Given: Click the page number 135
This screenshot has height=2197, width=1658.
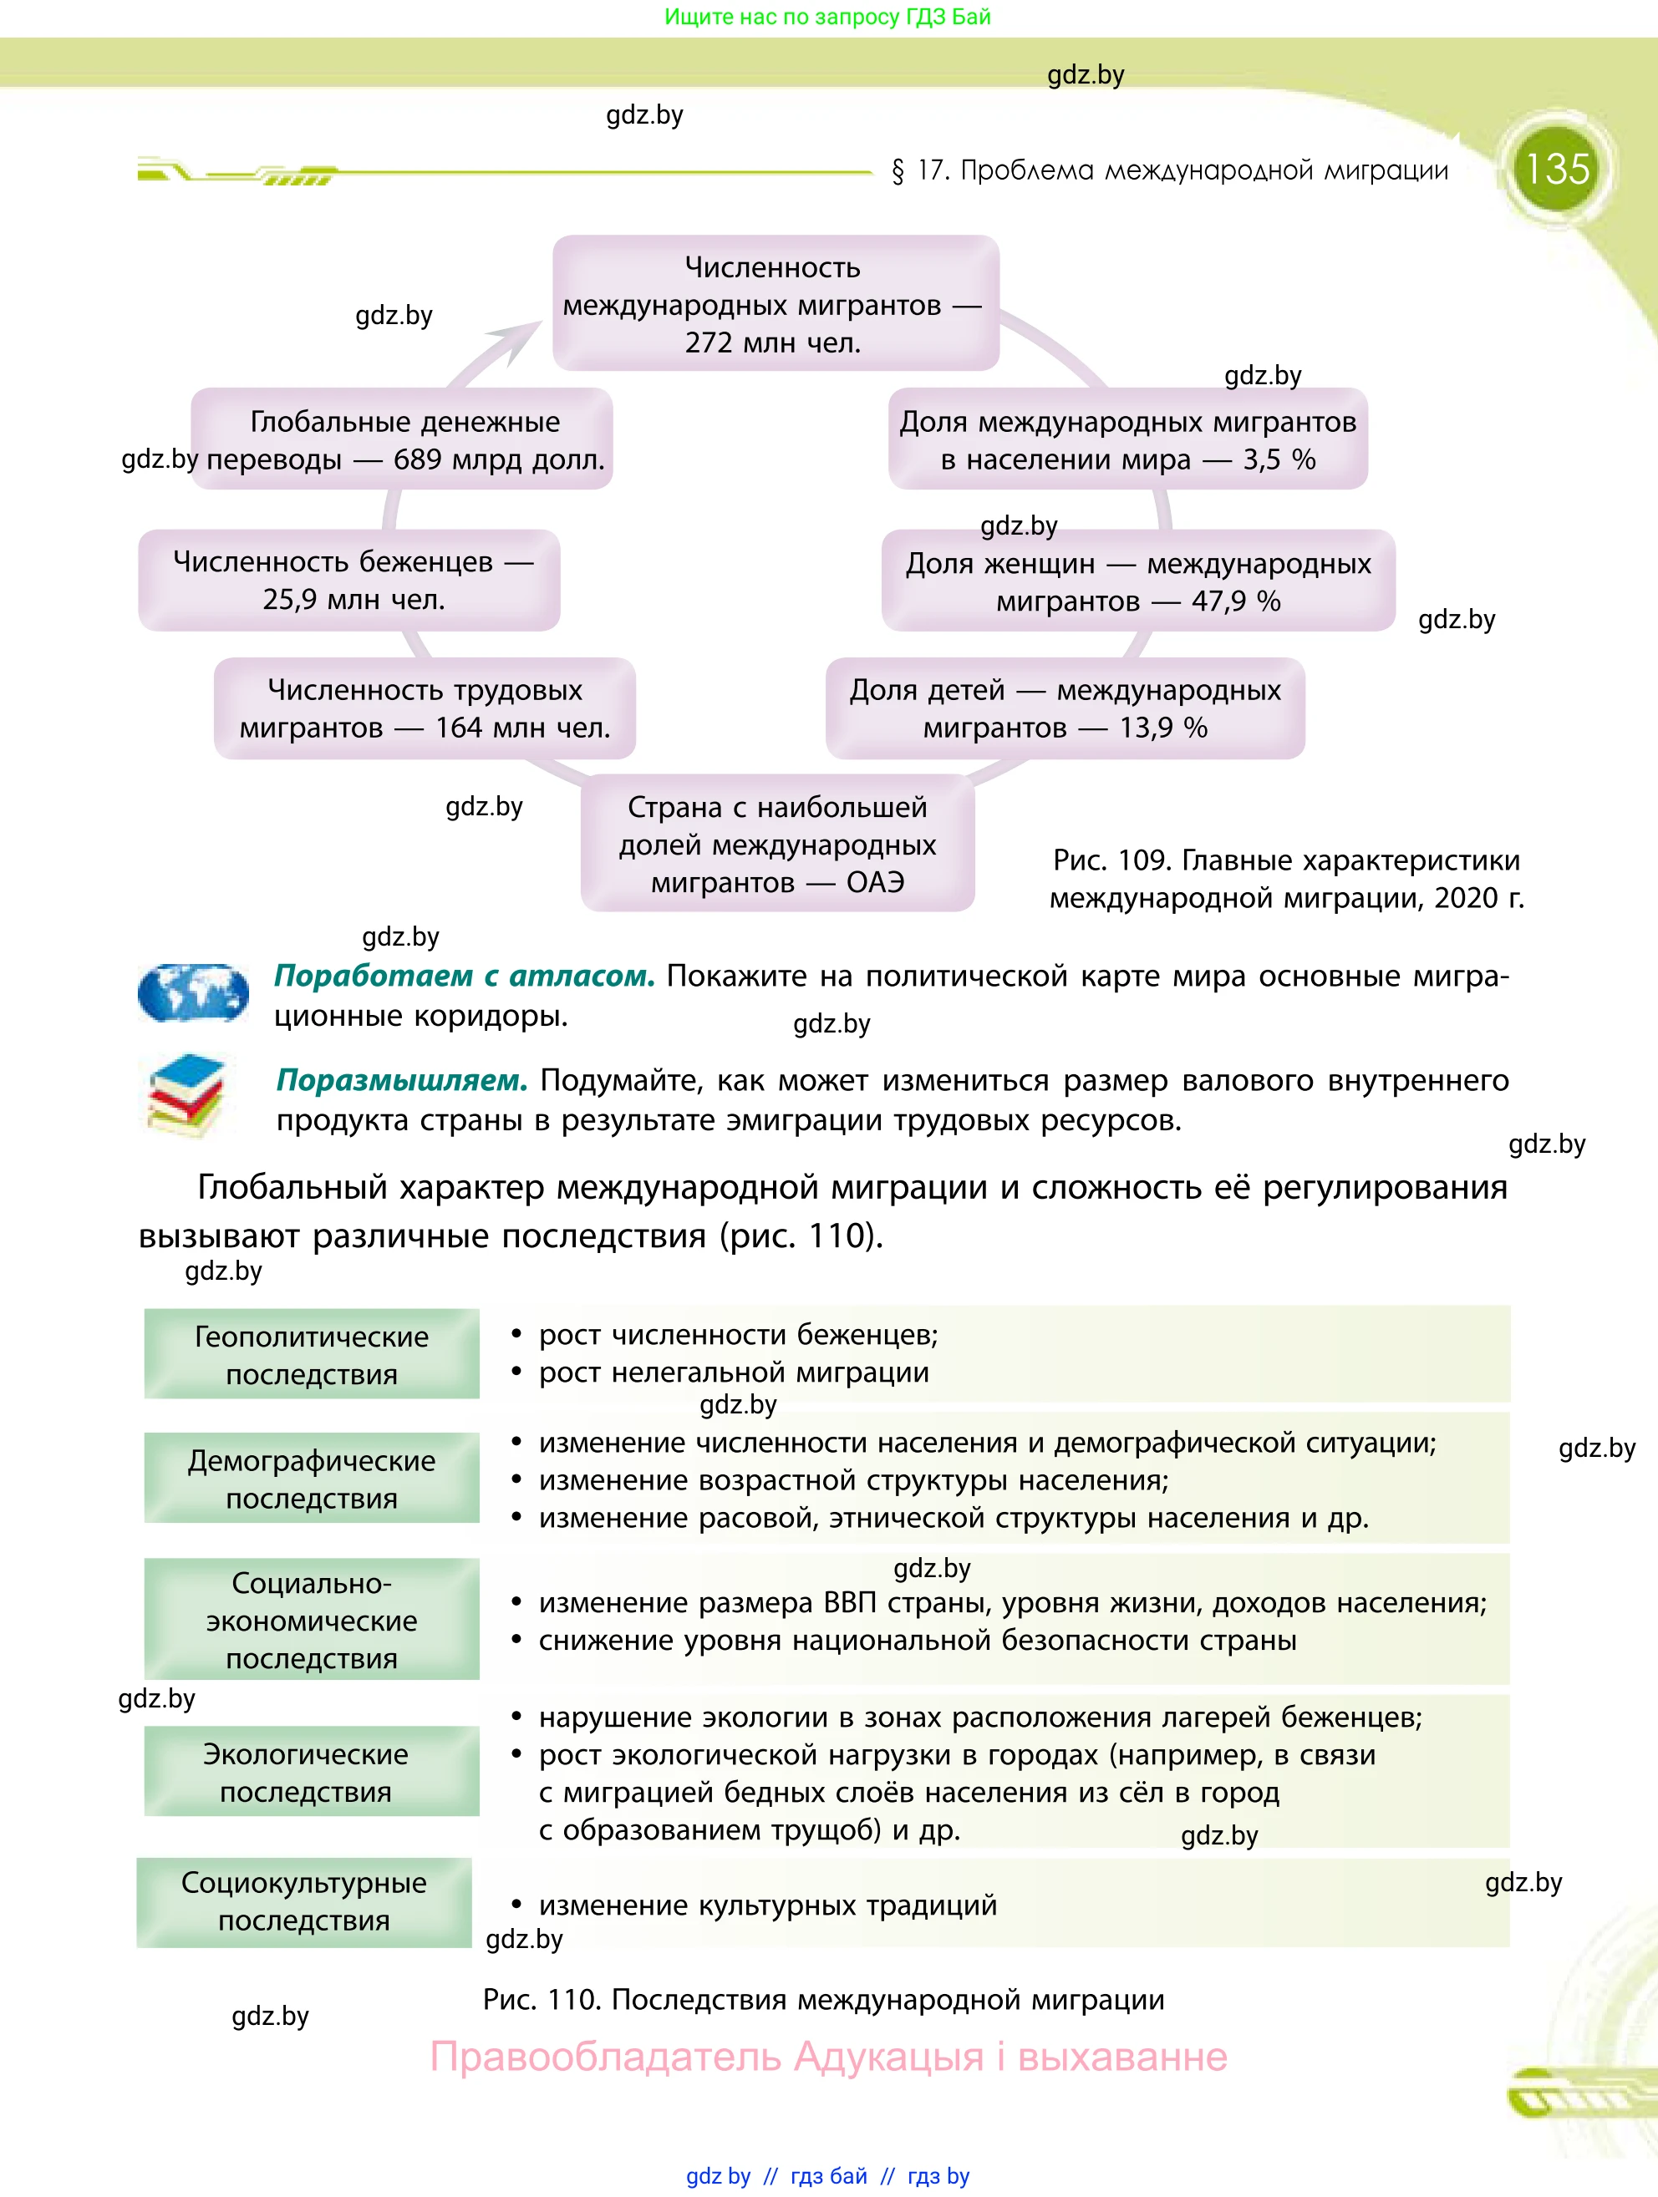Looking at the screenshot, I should [1557, 169].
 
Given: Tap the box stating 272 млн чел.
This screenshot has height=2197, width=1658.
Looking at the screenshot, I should [775, 304].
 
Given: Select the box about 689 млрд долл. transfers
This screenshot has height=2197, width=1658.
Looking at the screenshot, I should [402, 440].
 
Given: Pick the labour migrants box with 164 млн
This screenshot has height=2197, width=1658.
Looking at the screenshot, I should [425, 709].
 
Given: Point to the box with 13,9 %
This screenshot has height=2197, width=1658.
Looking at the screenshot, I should [1065, 709].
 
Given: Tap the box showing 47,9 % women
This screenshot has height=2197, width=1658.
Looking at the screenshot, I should [1138, 582].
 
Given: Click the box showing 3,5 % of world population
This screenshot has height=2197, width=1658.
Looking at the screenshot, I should [1127, 440].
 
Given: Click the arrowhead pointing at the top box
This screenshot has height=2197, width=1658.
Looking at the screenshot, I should [521, 337].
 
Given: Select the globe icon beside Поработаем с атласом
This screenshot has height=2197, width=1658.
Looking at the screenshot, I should [193, 992].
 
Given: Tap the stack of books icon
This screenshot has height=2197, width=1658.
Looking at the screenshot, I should [186, 1095].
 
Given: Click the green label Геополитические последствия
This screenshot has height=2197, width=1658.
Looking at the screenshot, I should [312, 1355].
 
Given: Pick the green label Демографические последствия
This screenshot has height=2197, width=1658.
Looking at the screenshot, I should [312, 1479].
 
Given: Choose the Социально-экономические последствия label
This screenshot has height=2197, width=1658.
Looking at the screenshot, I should [312, 1620].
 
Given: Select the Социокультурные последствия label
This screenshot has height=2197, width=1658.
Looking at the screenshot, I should [304, 1901].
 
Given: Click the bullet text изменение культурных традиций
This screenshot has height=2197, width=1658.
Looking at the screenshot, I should [767, 1905].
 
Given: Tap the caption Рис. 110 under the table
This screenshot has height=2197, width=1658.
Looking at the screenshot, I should [822, 1999].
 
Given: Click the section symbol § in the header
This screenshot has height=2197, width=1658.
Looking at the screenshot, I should [898, 171].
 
